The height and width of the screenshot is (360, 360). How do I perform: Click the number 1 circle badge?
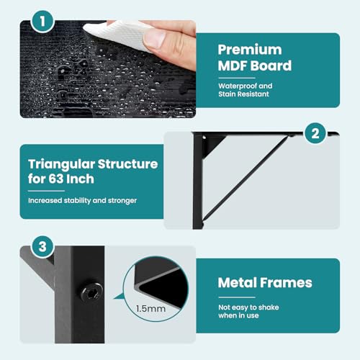(x=42, y=22)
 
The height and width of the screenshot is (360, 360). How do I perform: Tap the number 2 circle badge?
(x=315, y=133)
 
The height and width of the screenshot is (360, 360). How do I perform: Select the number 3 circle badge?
(x=42, y=246)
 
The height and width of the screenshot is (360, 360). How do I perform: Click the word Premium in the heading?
(x=250, y=50)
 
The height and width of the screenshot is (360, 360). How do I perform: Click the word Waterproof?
(x=238, y=86)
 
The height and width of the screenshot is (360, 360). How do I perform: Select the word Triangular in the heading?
(x=62, y=165)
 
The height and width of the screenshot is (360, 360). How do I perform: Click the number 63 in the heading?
(x=56, y=179)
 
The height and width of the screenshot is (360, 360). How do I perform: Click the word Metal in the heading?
(x=238, y=283)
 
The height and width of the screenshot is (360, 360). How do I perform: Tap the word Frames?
(x=287, y=283)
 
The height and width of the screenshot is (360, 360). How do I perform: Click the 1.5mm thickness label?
(x=150, y=309)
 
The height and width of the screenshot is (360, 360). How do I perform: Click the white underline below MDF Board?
(x=237, y=78)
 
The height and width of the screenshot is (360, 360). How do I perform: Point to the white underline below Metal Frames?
(x=237, y=297)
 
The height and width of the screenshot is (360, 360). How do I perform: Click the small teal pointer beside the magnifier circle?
(x=120, y=297)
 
